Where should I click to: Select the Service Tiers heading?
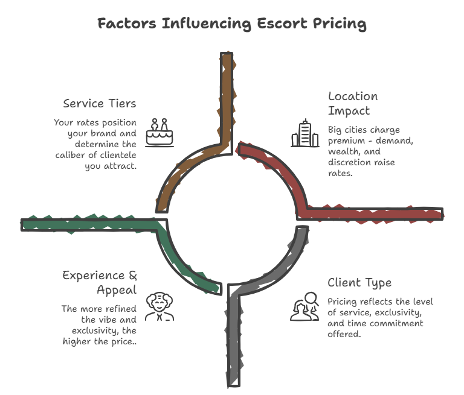pos(100,103)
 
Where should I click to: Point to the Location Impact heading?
pos(353,103)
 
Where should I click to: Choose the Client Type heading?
pos(359,282)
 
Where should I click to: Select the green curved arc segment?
pos(181,265)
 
